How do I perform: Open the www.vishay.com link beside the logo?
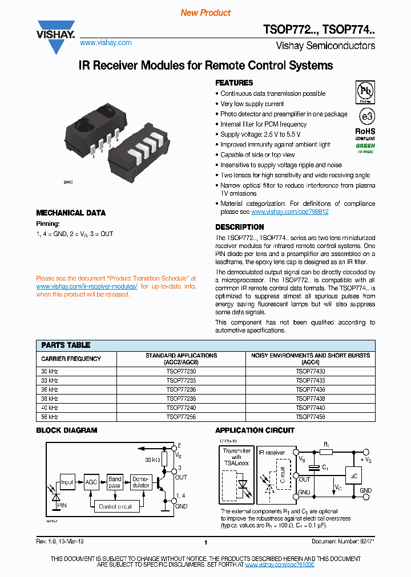[x=106, y=43]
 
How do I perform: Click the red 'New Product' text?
[x=205, y=13]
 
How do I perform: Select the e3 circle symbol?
[x=365, y=116]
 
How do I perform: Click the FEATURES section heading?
[x=234, y=83]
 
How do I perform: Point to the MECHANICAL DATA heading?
[x=71, y=213]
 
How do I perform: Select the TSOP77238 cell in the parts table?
[x=181, y=399]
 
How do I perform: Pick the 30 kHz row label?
[x=50, y=371]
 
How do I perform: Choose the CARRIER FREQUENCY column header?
[x=71, y=359]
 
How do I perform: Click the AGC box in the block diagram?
[x=91, y=482]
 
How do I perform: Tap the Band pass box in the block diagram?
[x=115, y=482]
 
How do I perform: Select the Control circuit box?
[x=115, y=506]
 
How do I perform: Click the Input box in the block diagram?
[x=67, y=482]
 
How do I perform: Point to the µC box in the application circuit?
[x=353, y=475]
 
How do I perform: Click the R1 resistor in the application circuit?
[x=326, y=452]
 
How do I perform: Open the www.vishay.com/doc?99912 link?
[x=290, y=212]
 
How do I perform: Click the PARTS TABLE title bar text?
[x=66, y=345]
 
